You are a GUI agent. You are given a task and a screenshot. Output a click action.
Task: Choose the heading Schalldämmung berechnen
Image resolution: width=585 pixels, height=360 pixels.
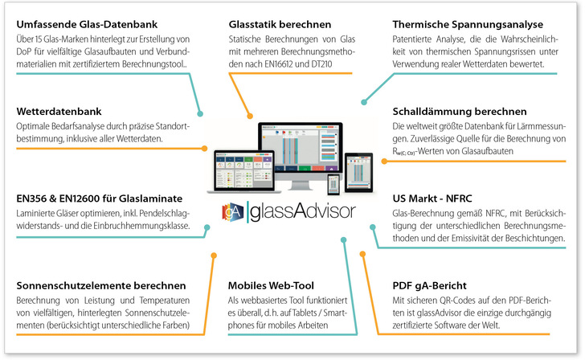(x=459, y=112)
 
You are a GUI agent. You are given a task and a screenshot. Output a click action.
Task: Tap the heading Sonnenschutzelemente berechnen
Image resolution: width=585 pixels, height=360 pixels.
(x=101, y=285)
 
